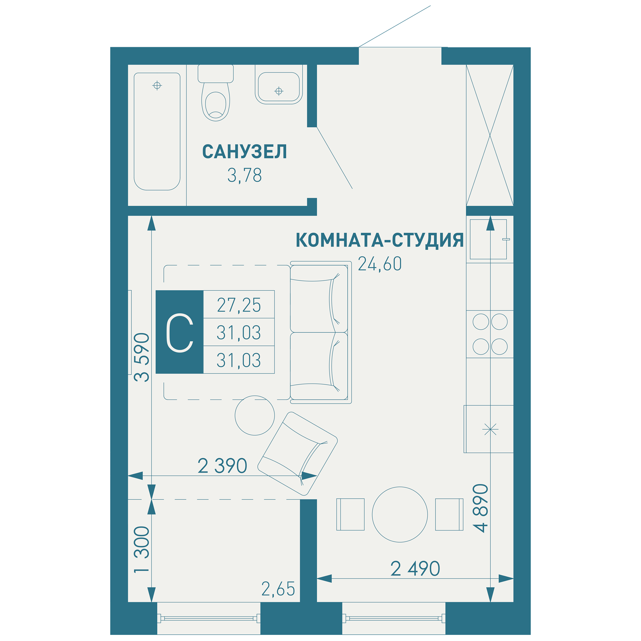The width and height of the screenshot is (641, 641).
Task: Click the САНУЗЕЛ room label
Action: click(x=245, y=151)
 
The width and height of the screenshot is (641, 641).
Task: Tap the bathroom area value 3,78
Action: click(x=245, y=175)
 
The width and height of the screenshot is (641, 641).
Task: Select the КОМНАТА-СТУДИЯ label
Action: click(x=379, y=240)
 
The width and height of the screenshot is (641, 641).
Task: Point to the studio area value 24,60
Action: click(x=379, y=264)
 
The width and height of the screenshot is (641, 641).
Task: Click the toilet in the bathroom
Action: click(x=216, y=93)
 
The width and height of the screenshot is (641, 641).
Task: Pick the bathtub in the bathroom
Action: click(x=157, y=131)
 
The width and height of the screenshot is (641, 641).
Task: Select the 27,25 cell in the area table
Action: click(x=239, y=304)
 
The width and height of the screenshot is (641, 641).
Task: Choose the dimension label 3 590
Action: click(x=142, y=357)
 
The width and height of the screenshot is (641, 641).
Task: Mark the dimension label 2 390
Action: click(x=222, y=466)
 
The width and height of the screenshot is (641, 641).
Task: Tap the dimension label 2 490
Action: click(x=415, y=569)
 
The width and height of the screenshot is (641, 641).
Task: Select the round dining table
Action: click(x=400, y=515)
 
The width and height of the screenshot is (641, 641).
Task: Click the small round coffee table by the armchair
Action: click(x=255, y=415)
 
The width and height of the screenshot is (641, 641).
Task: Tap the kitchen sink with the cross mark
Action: click(x=489, y=429)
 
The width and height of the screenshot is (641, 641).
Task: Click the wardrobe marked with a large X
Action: click(x=490, y=135)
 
